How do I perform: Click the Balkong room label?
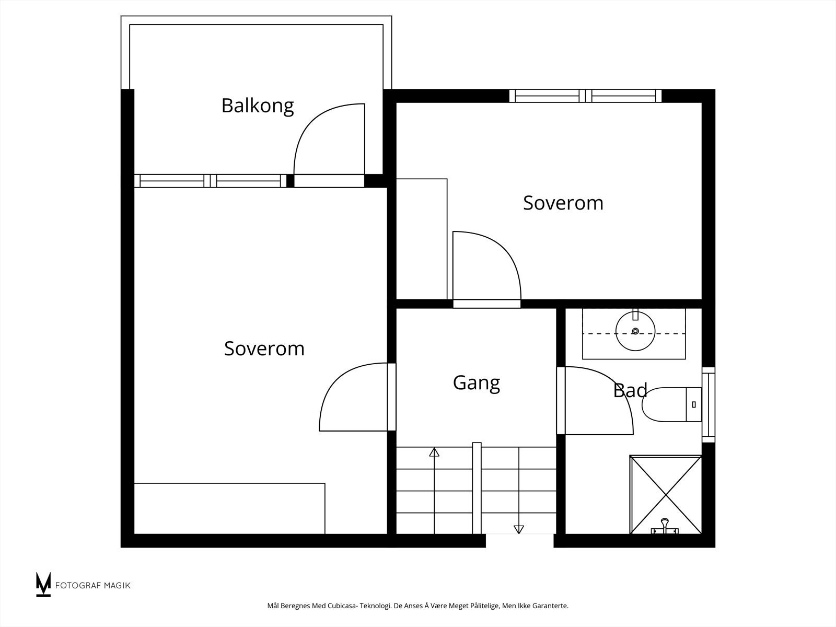(x=258, y=106)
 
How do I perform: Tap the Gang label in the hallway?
(x=476, y=383)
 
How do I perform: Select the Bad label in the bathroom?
(x=630, y=391)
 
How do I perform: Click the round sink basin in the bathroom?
(x=635, y=331)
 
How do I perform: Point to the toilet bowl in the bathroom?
(x=664, y=404)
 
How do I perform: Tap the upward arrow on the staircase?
(x=434, y=452)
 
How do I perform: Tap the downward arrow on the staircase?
(x=519, y=529)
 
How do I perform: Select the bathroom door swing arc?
(x=613, y=385)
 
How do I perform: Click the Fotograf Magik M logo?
(x=43, y=584)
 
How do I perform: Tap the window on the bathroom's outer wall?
(x=709, y=404)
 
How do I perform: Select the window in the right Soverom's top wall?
(x=585, y=96)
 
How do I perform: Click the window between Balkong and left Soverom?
(x=210, y=181)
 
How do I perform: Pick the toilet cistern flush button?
(x=694, y=404)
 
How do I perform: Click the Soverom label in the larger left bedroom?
(x=264, y=349)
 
